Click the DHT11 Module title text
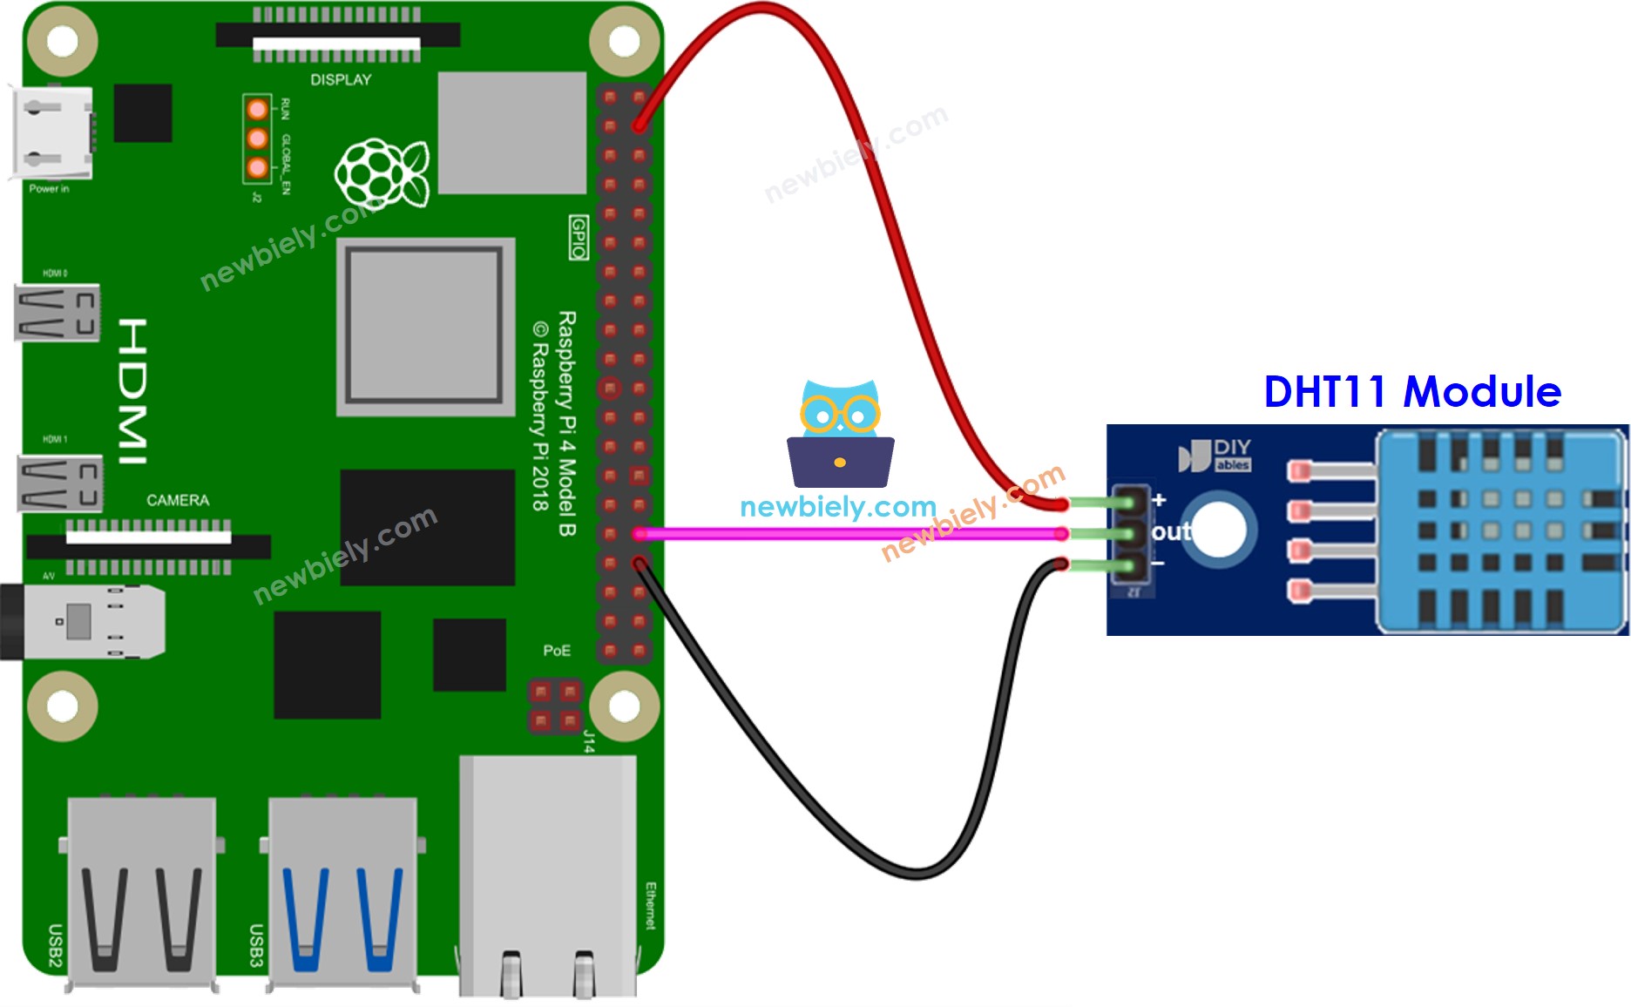(x=1411, y=392)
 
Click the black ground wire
(x=784, y=784)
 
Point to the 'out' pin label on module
(x=1170, y=531)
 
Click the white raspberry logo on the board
(x=382, y=173)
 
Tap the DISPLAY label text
(x=341, y=80)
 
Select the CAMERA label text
(x=178, y=500)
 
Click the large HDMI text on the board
(x=132, y=391)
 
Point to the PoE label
(x=557, y=651)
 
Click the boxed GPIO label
(x=579, y=238)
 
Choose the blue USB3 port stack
(x=342, y=893)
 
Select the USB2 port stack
(x=141, y=893)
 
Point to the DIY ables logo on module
(x=1215, y=455)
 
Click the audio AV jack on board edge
(x=83, y=621)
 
